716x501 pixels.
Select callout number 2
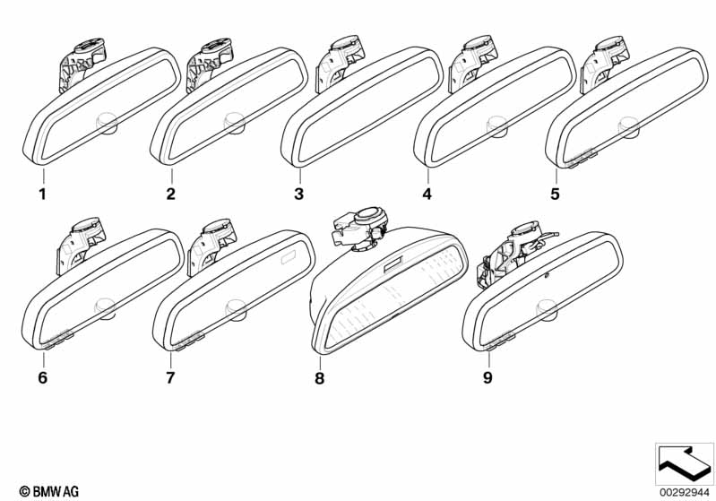(x=170, y=194)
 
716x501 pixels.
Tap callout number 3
(x=299, y=194)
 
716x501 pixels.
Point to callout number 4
(x=427, y=194)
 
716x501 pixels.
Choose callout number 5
(x=555, y=194)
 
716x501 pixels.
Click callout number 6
(x=42, y=377)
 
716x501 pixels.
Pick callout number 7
(x=170, y=377)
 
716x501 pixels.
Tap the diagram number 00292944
(x=685, y=492)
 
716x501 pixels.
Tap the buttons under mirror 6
(x=59, y=339)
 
